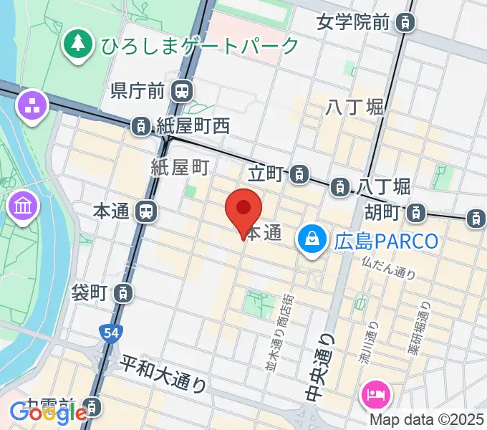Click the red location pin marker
pos(243,209)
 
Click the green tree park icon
pos(77,45)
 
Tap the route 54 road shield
pos(105,331)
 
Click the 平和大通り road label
pos(163,373)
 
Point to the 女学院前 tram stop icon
pos(406,23)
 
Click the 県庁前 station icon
pos(183,90)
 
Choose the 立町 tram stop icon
pos(300,173)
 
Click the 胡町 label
pos(380,212)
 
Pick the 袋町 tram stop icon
pos(124,292)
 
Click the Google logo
pos(48,412)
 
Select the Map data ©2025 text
pos(428,419)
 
